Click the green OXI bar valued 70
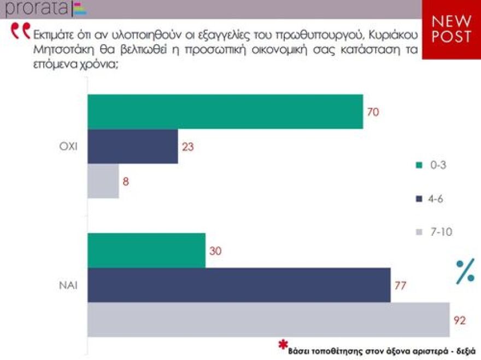tap(225, 112)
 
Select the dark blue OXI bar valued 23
tap(133, 146)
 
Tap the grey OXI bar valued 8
tap(103, 181)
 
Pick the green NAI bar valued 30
tap(146, 251)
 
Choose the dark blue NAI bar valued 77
tap(239, 285)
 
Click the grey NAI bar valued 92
tap(268, 320)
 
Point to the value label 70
tap(373, 112)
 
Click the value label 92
tap(460, 320)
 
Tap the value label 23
tap(187, 147)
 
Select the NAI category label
tap(68, 285)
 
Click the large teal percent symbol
tap(465, 271)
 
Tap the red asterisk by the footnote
tap(283, 345)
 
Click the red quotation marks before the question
tap(21, 31)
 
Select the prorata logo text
tap(36, 8)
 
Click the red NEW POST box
tap(451, 29)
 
